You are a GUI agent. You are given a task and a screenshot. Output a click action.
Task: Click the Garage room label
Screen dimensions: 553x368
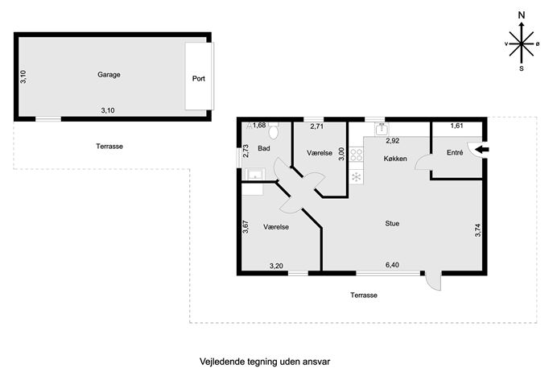point(109,74)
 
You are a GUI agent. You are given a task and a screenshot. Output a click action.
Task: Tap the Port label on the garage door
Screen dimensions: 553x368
point(199,78)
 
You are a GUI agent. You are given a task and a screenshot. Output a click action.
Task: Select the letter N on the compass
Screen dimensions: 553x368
point(522,15)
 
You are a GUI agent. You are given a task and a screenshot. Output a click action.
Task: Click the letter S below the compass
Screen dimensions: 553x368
point(522,68)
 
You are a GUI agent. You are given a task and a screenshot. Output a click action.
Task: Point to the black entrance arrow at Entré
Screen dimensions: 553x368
point(481,150)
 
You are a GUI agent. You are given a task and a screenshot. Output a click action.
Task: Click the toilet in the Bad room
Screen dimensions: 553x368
point(274,131)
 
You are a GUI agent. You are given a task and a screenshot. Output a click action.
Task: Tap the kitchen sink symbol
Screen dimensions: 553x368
point(382,129)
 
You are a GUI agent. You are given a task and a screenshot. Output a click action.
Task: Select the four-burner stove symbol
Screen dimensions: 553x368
point(357,155)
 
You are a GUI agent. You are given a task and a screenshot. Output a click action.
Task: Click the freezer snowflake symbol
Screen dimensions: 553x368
point(357,176)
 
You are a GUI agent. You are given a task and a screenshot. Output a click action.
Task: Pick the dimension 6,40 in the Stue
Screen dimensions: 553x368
point(392,265)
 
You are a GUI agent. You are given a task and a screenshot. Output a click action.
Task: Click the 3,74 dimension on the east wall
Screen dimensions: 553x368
point(478,230)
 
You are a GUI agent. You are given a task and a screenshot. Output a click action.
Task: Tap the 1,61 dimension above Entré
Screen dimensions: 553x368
point(456,126)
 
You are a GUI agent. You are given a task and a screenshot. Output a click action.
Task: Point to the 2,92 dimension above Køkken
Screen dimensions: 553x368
point(393,141)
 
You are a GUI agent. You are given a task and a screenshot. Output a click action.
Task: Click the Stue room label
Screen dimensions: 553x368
point(392,223)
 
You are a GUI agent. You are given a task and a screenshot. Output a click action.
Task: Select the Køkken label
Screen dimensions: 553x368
point(395,159)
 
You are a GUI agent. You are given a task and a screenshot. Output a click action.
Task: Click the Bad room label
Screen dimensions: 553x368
point(264,148)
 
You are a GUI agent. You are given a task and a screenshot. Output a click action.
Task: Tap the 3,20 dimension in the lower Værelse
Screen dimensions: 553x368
point(276,266)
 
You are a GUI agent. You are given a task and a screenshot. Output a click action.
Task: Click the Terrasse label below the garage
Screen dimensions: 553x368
point(109,146)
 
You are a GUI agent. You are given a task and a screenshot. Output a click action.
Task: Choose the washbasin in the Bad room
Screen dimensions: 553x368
point(255,174)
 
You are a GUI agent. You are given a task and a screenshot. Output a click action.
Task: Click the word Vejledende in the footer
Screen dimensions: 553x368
point(220,362)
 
